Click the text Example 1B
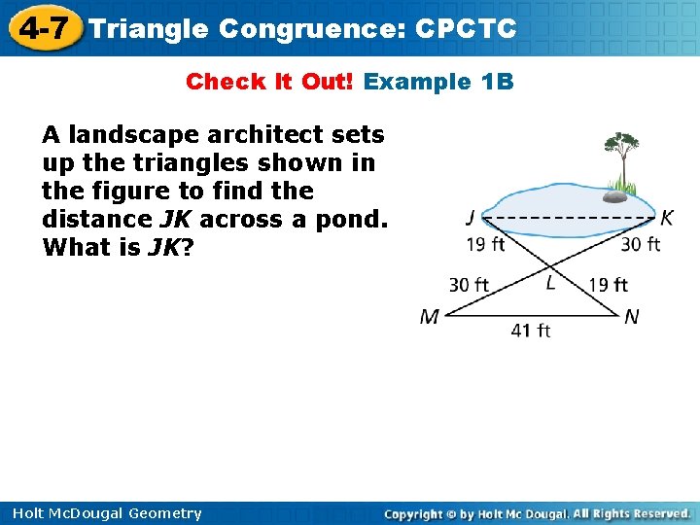[x=437, y=82]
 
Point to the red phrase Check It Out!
[x=271, y=82]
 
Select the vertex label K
[x=667, y=218]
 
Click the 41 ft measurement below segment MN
[x=531, y=331]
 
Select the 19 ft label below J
[x=485, y=244]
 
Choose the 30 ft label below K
[x=641, y=244]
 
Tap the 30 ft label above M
[x=469, y=285]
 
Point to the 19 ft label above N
[x=609, y=285]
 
